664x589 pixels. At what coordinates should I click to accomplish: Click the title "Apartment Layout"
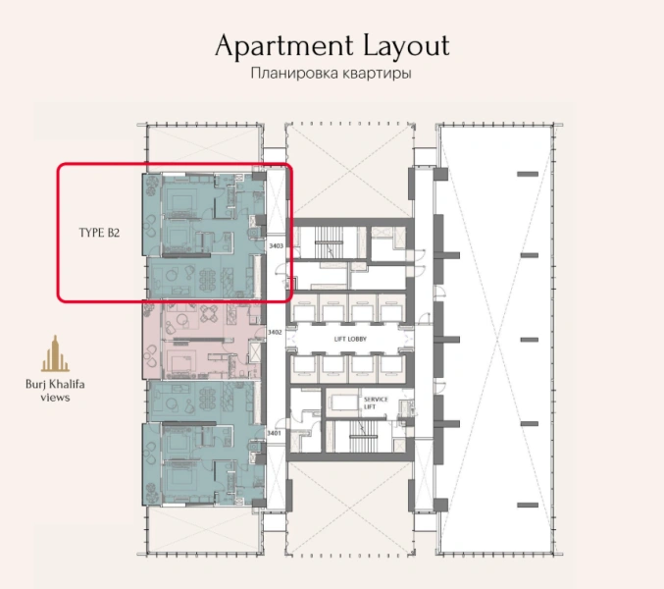pyautogui.click(x=332, y=46)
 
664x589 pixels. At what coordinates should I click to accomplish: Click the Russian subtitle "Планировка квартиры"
pyautogui.click(x=332, y=75)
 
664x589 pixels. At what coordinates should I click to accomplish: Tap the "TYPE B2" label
pyautogui.click(x=100, y=234)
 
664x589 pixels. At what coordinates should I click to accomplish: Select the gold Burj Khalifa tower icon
pyautogui.click(x=55, y=354)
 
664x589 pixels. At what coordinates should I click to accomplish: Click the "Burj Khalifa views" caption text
pyautogui.click(x=55, y=391)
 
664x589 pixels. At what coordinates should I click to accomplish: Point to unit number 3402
pyautogui.click(x=276, y=334)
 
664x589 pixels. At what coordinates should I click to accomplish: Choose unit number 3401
pyautogui.click(x=276, y=432)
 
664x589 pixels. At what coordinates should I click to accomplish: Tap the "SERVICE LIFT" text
pyautogui.click(x=377, y=404)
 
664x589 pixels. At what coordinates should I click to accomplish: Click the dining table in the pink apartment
pyautogui.click(x=212, y=314)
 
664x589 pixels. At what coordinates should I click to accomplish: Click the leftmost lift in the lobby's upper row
pyautogui.click(x=304, y=305)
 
